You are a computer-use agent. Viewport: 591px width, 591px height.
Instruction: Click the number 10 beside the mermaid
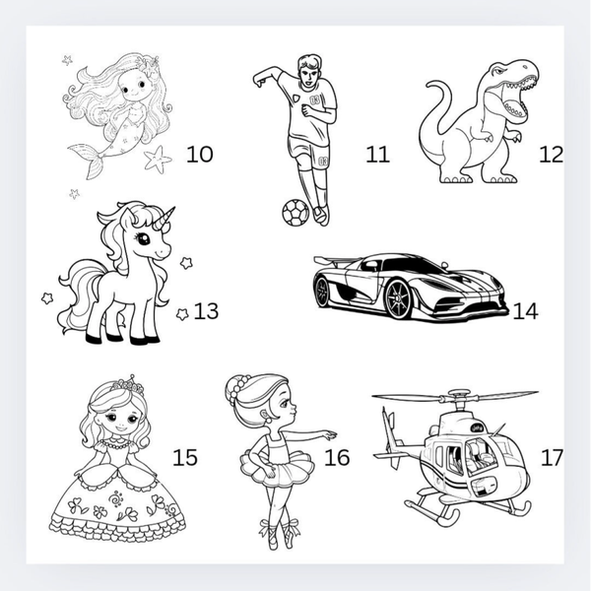[199, 154]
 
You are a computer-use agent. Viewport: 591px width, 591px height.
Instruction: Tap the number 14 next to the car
[525, 311]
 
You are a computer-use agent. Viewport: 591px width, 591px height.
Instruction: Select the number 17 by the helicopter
[552, 457]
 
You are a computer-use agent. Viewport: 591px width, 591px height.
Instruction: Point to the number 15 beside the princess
[185, 457]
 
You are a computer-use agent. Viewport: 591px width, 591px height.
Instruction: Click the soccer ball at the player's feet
[295, 213]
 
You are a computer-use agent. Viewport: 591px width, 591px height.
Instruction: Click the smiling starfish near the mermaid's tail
[158, 159]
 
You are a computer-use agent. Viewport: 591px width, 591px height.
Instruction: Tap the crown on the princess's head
[128, 385]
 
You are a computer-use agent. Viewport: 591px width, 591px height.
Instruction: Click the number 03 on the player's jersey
[315, 100]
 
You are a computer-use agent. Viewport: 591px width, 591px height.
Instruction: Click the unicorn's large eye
[143, 238]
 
